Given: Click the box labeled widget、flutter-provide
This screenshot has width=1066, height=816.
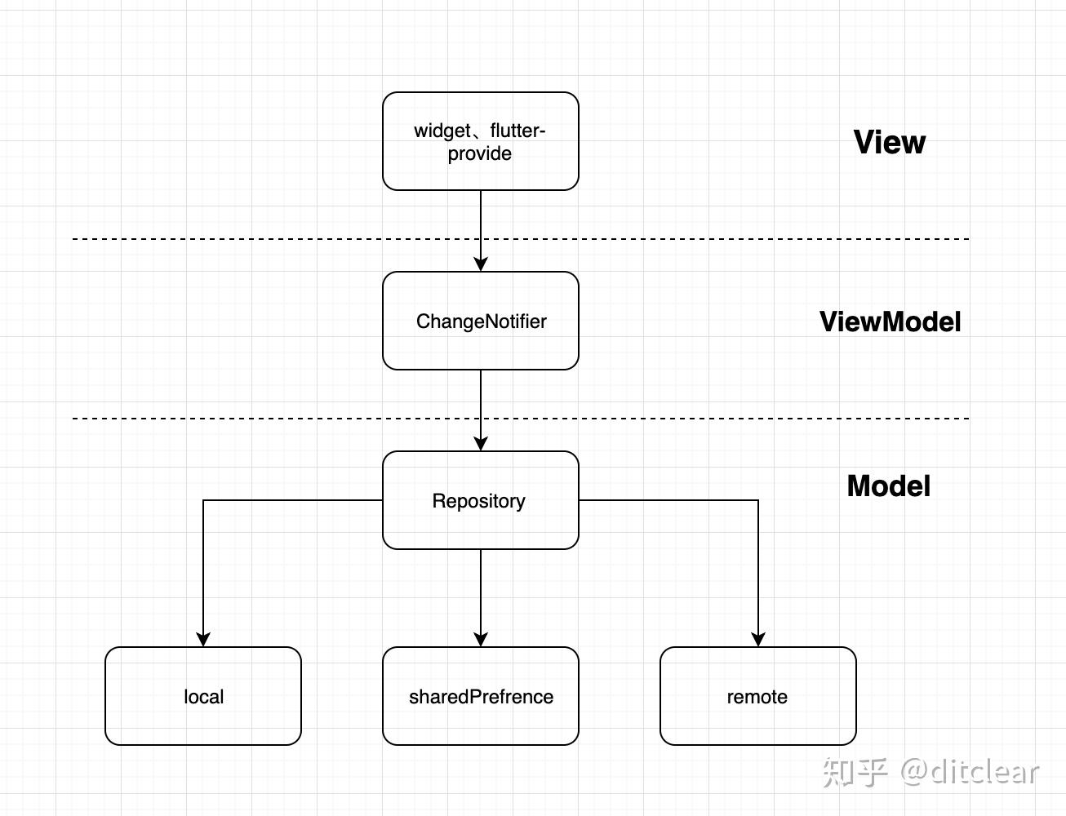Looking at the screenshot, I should coord(480,141).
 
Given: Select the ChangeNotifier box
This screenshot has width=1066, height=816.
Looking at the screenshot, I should coord(480,321).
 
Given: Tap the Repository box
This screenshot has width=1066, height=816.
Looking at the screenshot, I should coord(480,500).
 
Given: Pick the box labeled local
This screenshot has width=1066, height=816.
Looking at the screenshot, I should coord(203,696).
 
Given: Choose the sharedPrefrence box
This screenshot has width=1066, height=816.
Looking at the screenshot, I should coord(480,696).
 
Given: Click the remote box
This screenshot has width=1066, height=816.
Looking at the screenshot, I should coord(757,696).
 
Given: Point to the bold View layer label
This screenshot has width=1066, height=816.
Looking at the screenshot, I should coord(889,142).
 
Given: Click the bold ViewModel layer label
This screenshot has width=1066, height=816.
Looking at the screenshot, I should coord(890,322).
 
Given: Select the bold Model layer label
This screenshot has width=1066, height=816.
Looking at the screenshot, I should coord(888,486).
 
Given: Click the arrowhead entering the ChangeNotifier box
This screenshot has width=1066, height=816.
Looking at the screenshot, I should coord(481,264).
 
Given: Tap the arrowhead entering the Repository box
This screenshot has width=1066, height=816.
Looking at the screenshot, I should coord(481,443).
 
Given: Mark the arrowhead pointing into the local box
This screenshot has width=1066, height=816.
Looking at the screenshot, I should coord(203,639).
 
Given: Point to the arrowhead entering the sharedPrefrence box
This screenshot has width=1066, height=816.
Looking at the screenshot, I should coord(481,639).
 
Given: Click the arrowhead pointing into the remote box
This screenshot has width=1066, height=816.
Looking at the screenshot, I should coord(758,639).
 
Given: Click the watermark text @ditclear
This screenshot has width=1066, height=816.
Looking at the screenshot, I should coord(970,772).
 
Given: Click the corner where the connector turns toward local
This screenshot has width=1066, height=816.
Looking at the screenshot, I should coord(203,500).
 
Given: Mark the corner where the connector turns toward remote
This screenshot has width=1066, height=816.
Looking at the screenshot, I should coord(758,500).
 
